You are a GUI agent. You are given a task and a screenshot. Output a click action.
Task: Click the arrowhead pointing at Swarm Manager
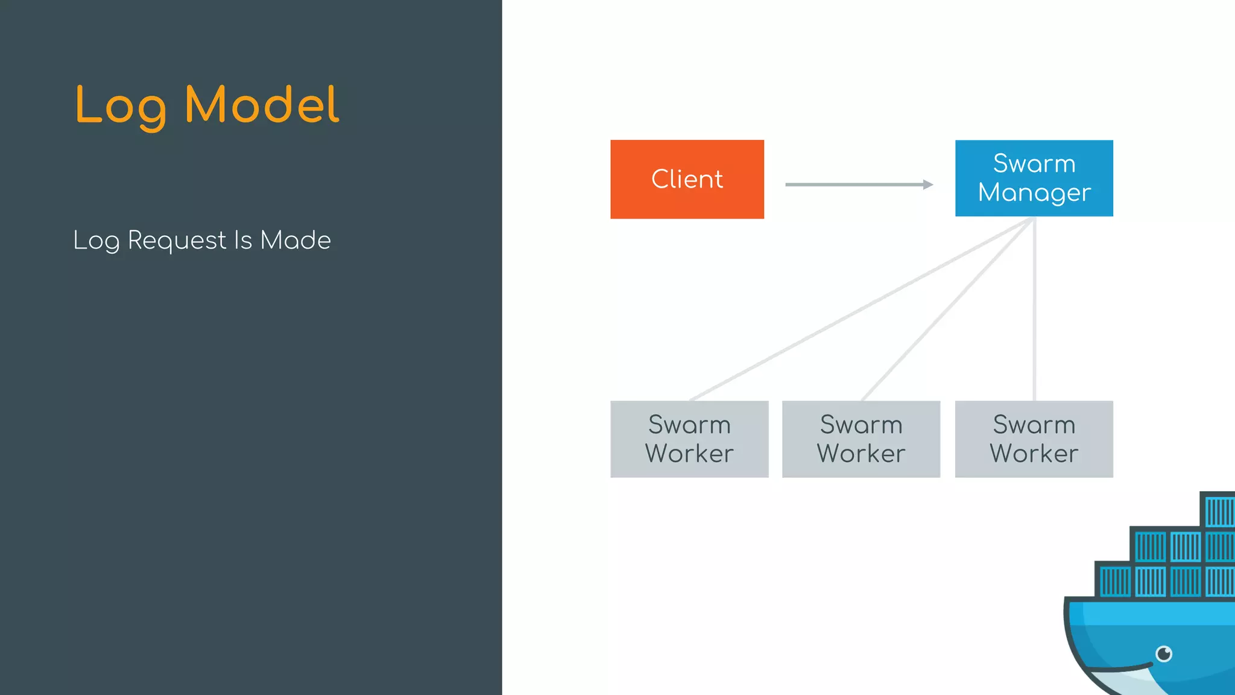tap(929, 185)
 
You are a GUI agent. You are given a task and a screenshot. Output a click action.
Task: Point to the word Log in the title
tap(121, 106)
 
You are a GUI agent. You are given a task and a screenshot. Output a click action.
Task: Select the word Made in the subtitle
tap(295, 240)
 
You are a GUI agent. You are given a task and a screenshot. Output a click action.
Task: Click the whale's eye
tap(1164, 653)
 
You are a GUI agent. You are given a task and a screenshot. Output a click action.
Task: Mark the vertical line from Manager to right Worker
tap(1034, 308)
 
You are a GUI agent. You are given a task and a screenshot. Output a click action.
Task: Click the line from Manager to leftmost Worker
tap(862, 308)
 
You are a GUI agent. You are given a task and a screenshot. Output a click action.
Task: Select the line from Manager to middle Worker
tap(948, 308)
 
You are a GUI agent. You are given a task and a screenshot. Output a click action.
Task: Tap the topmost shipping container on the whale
tap(1219, 510)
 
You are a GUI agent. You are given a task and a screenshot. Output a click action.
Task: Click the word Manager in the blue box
tap(1034, 193)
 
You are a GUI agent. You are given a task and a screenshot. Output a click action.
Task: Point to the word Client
tap(687, 179)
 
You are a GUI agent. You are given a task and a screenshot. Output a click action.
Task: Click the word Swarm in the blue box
tap(1034, 163)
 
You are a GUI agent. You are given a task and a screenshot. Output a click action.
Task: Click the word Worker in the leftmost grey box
tap(689, 454)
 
